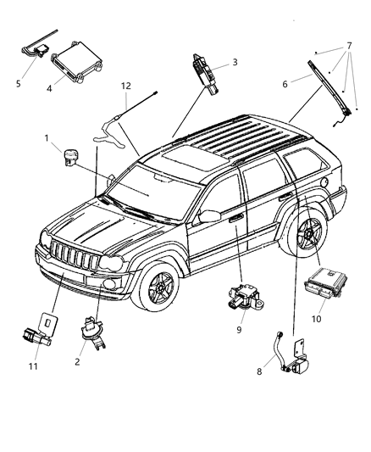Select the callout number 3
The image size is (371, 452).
[235, 62]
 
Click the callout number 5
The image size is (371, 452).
[19, 83]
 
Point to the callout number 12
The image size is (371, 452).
[125, 86]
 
